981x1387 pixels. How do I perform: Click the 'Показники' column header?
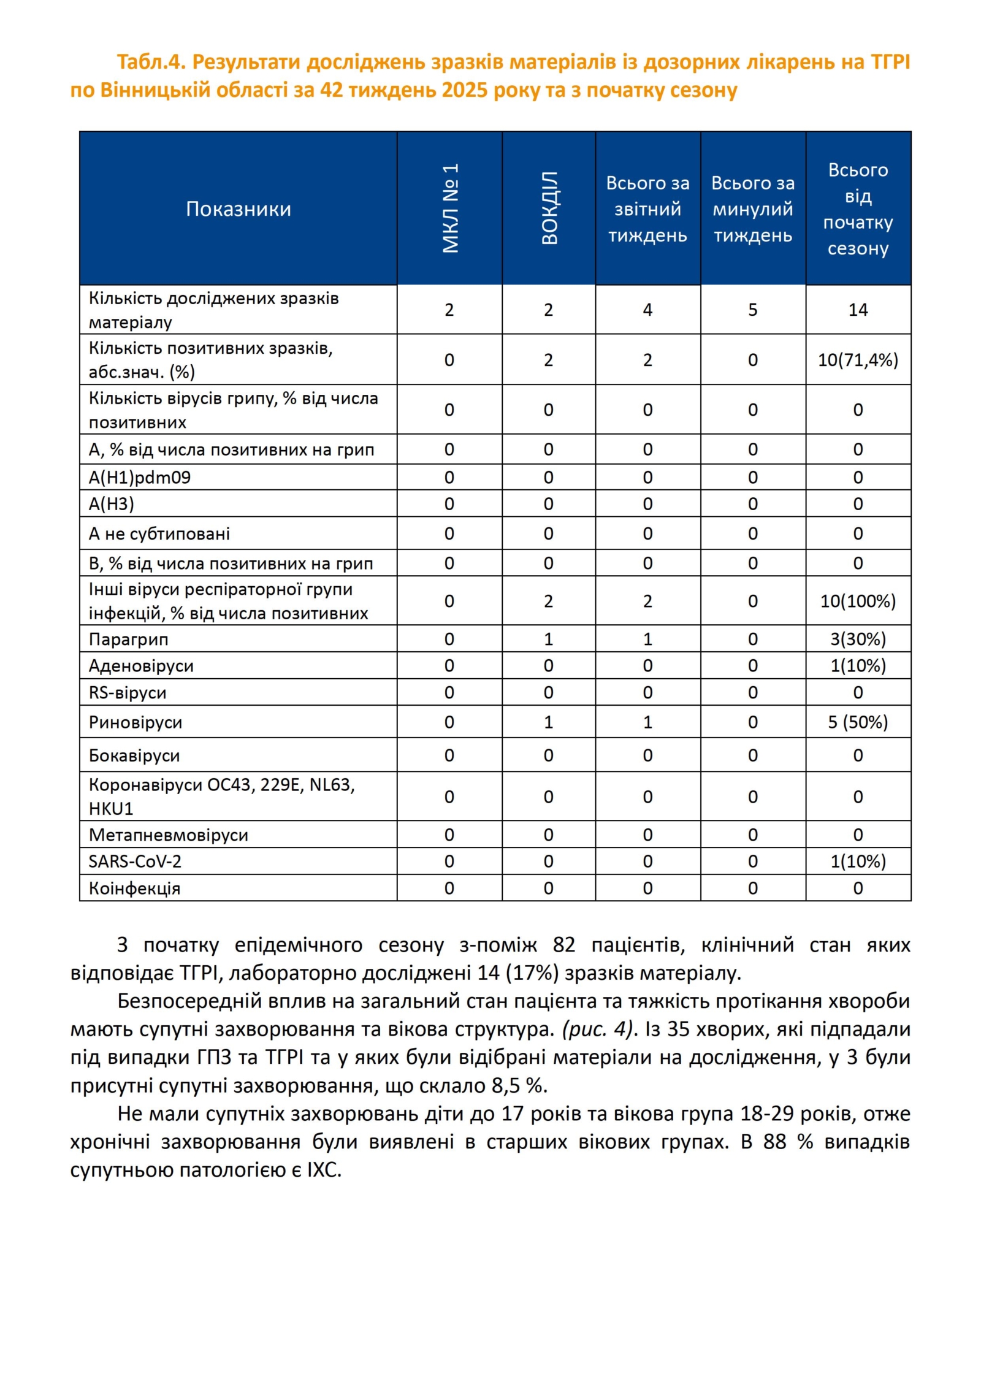pyautogui.click(x=238, y=209)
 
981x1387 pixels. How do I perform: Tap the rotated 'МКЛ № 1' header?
pyautogui.click(x=450, y=208)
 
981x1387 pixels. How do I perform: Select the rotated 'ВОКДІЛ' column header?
pyautogui.click(x=549, y=208)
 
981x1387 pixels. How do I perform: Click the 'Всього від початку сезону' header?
pyautogui.click(x=857, y=209)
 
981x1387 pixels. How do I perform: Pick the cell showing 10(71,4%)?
pyautogui.click(x=857, y=360)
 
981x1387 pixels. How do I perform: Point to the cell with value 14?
pyautogui.click(x=857, y=310)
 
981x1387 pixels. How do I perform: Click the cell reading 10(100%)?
pyautogui.click(x=857, y=601)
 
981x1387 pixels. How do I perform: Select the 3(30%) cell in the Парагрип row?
pyautogui.click(x=857, y=639)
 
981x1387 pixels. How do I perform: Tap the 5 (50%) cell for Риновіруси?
pyautogui.click(x=857, y=722)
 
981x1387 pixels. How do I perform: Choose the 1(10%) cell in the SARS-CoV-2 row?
pyautogui.click(x=857, y=861)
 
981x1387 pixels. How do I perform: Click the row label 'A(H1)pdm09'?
pyautogui.click(x=140, y=477)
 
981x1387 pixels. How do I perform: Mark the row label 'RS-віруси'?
pyautogui.click(x=128, y=692)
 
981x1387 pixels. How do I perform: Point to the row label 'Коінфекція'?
pyautogui.click(x=134, y=888)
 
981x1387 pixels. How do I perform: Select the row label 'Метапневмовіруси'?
pyautogui.click(x=168, y=835)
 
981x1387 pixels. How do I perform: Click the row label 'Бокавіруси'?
pyautogui.click(x=134, y=755)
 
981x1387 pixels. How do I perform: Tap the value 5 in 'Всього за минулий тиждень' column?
pyautogui.click(x=752, y=310)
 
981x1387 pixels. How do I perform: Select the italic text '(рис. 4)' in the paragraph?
pyautogui.click(x=597, y=1028)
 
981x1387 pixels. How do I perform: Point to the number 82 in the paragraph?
pyautogui.click(x=563, y=945)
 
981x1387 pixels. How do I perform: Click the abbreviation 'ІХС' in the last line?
pyautogui.click(x=323, y=1169)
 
